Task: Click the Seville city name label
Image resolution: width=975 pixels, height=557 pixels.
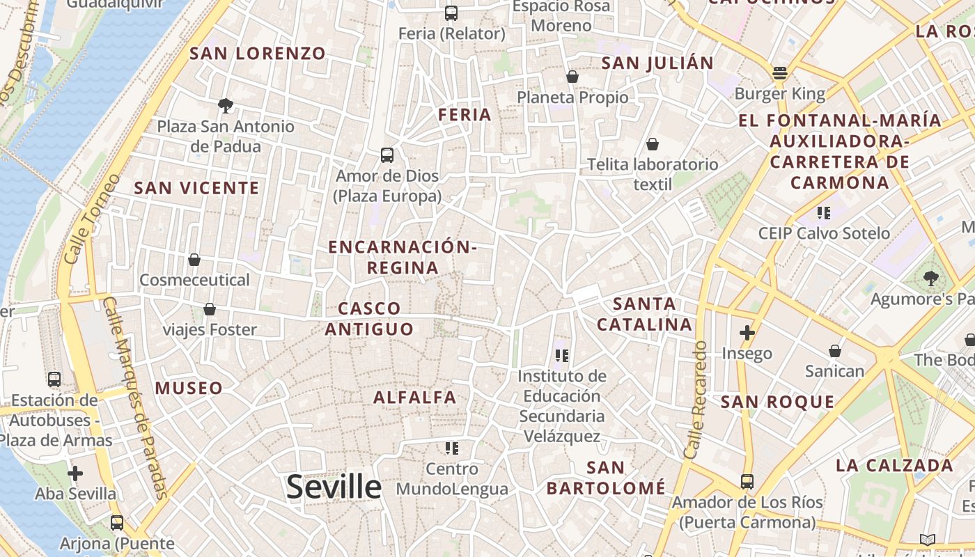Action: coord(334,487)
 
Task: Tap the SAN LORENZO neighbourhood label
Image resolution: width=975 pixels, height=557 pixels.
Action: coord(258,54)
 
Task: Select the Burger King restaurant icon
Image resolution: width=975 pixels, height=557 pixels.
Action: coord(779,73)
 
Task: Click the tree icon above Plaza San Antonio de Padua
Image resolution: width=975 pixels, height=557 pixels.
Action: coord(225,106)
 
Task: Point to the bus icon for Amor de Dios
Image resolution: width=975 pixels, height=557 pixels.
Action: coord(387,155)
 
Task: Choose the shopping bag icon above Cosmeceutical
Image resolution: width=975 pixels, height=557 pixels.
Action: coord(194,260)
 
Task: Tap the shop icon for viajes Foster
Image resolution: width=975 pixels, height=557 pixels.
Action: coord(210,309)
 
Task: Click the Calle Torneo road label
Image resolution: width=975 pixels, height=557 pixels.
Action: coord(83,228)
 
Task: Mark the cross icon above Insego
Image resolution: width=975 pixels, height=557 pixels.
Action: coord(747,333)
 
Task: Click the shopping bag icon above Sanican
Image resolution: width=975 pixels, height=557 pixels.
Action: coord(834,351)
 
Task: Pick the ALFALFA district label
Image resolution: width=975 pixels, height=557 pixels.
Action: coord(415,398)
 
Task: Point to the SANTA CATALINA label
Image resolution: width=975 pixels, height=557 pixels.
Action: coord(645,314)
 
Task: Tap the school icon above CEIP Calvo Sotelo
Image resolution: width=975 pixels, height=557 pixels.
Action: coord(824,212)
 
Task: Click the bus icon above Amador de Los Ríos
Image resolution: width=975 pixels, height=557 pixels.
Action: coord(747,481)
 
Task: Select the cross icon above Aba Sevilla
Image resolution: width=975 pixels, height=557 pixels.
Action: coord(75,473)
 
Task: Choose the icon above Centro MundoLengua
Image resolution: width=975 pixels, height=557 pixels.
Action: coord(452,448)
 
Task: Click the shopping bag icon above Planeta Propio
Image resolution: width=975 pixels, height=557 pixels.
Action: coord(572,77)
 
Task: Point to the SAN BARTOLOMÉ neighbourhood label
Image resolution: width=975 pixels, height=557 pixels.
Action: coord(606,478)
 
